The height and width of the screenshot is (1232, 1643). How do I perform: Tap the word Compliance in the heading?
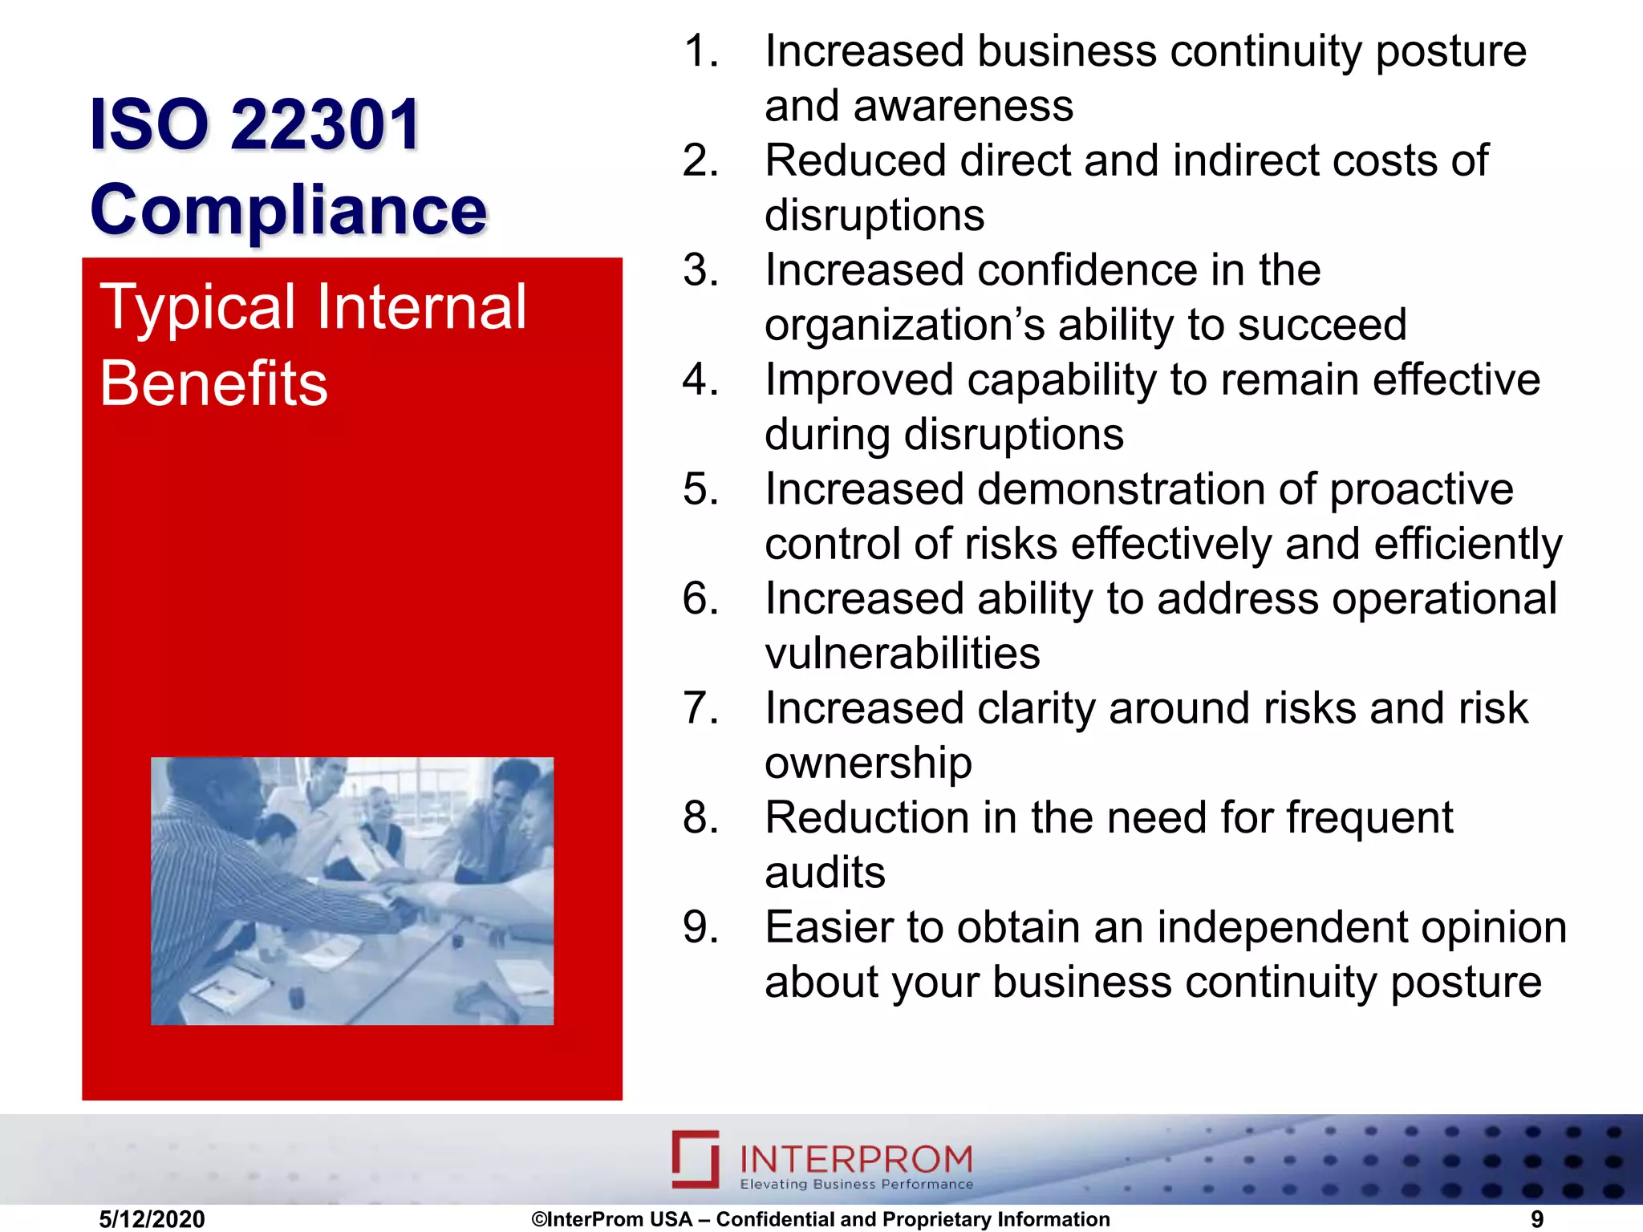289,210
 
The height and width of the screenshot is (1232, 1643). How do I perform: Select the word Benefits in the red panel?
213,383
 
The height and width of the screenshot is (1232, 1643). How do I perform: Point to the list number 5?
700,489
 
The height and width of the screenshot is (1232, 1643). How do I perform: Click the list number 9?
700,927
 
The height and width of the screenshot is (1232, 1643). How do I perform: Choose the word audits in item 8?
825,873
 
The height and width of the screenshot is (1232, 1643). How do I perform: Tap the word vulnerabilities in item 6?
902,654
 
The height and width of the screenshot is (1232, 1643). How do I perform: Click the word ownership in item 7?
868,763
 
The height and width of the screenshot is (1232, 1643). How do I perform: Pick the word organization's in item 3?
904,325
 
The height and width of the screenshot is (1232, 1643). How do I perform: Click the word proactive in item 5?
1421,489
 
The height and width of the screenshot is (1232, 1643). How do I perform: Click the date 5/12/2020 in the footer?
152,1219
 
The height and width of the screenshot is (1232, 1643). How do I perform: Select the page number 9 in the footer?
1537,1219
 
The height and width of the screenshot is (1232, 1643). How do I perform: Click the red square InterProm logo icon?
696,1158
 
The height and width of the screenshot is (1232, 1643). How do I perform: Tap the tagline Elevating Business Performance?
856,1184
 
